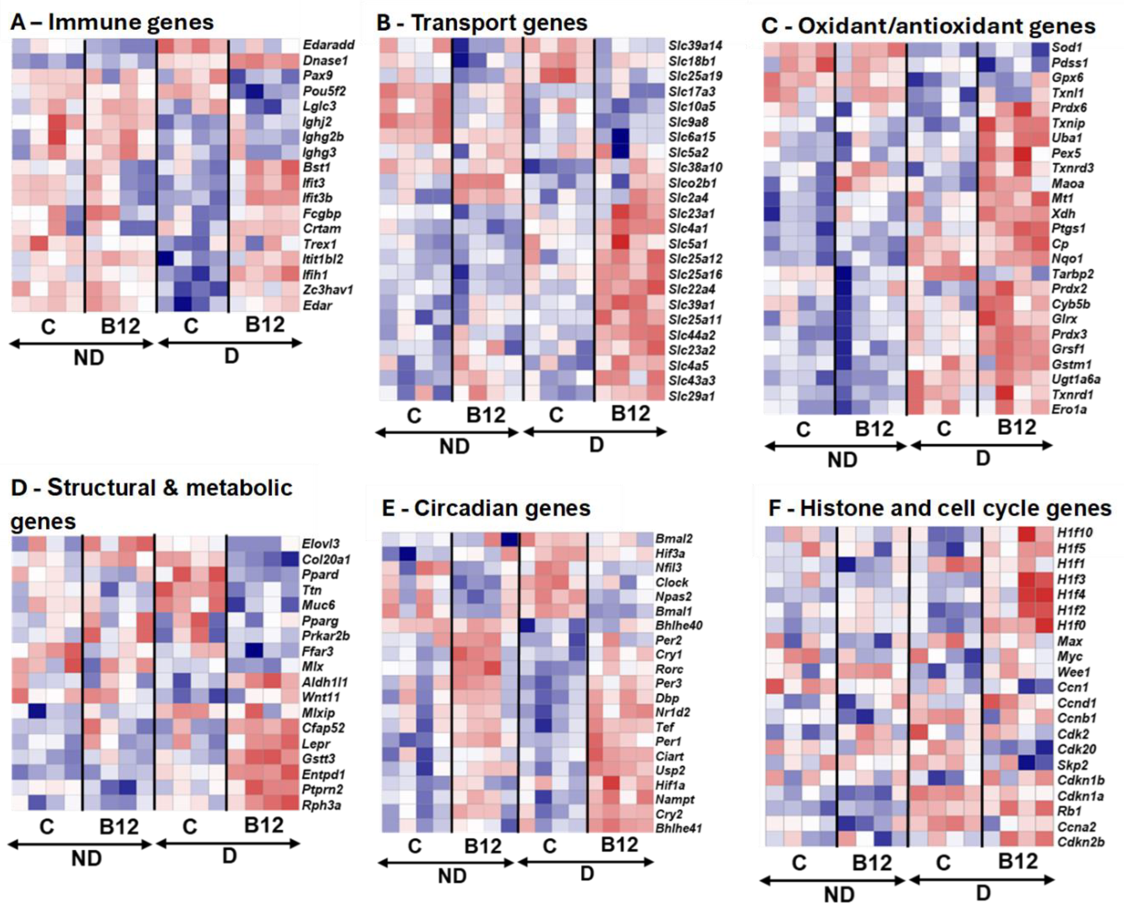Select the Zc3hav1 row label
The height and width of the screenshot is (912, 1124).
[x=328, y=290]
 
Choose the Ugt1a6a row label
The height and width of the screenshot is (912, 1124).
[x=1076, y=379]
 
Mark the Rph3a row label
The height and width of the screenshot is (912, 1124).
[x=321, y=804]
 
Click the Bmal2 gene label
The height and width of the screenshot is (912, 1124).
[x=674, y=538]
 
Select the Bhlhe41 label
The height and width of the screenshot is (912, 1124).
[x=678, y=828]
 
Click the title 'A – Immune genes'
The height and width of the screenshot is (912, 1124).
[x=112, y=22]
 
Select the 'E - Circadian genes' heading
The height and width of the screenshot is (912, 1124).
[x=486, y=508]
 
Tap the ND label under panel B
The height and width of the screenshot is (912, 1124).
[x=454, y=446]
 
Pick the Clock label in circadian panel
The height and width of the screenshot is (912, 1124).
[x=671, y=582]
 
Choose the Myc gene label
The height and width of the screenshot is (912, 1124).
[x=1069, y=657]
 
